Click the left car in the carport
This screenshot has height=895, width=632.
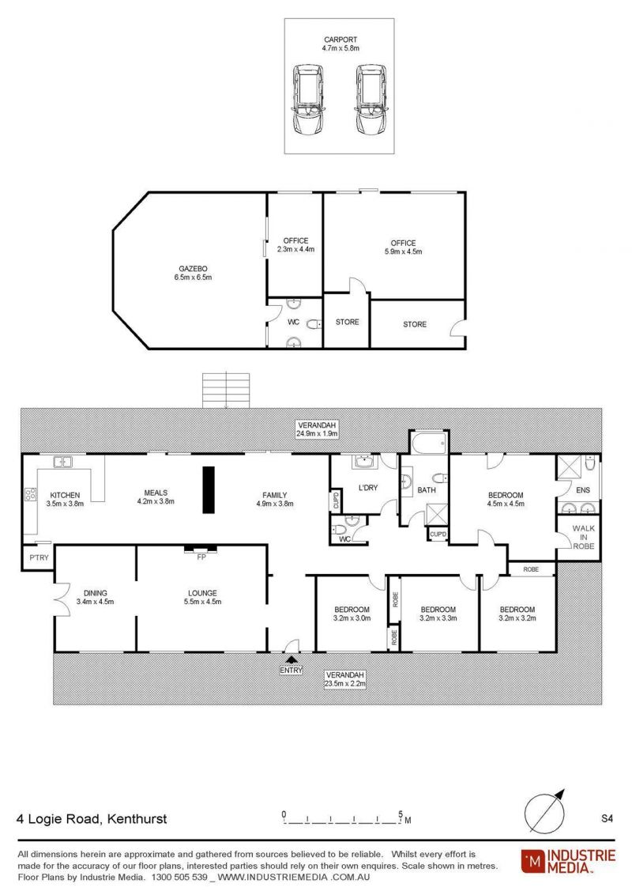307,100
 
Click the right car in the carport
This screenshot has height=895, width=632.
372,100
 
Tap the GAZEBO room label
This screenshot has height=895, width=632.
194,269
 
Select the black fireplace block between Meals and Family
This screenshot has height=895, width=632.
209,489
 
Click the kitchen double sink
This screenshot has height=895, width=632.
62,462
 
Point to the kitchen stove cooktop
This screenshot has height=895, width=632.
30,494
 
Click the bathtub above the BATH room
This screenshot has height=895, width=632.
429,442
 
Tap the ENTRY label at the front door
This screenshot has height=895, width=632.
291,670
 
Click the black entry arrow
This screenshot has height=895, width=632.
292,659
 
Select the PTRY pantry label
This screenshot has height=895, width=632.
39,557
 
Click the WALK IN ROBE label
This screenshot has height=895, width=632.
584,537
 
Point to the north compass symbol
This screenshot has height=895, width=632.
545,811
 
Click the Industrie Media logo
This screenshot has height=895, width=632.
568,861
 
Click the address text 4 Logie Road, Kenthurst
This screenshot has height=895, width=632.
92,819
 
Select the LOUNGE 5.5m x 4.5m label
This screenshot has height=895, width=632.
202,597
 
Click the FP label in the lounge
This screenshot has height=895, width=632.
201,557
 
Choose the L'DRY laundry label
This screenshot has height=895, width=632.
368,488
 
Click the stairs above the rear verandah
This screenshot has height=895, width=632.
226,391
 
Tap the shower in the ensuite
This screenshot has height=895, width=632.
569,467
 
